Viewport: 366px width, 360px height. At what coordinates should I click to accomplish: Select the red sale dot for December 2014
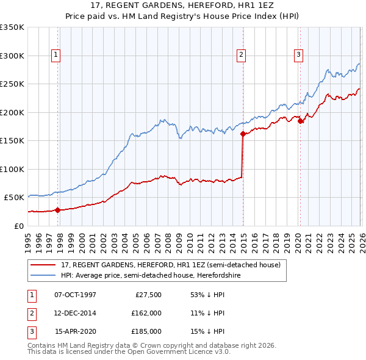(243, 134)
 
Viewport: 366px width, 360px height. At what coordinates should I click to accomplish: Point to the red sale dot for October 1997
(57, 210)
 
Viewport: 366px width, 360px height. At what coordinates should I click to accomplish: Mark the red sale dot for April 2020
(300, 121)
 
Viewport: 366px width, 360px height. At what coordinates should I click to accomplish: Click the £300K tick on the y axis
(12, 56)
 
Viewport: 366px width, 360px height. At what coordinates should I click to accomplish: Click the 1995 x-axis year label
(28, 242)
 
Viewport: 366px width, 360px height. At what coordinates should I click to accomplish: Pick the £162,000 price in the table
(146, 313)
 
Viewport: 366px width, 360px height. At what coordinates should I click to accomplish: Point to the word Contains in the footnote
(42, 345)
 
